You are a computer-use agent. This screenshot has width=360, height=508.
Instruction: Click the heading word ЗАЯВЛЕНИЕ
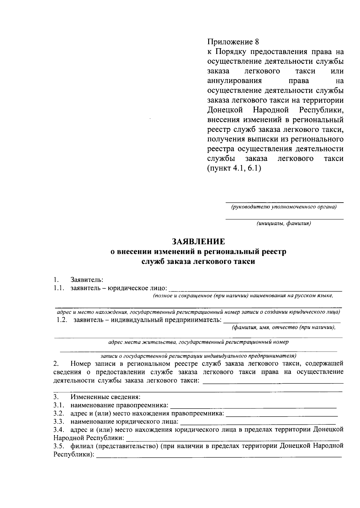pos(198,241)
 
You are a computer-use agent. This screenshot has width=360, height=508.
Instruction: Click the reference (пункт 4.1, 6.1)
pos(234,168)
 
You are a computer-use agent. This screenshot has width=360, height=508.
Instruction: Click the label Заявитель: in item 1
pos(87,280)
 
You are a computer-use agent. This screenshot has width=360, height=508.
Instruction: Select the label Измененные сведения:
pos(105,397)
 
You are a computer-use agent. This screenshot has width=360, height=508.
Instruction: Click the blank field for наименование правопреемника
pos(253,407)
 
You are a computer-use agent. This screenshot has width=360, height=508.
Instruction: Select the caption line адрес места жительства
pos(198,342)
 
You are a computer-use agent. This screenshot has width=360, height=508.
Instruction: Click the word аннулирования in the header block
pos(234,81)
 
